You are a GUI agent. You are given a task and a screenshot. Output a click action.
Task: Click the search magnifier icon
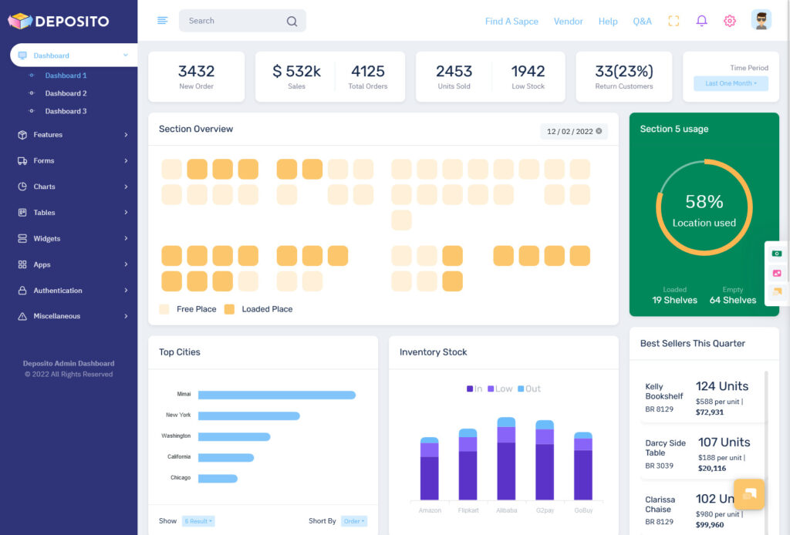tap(292, 22)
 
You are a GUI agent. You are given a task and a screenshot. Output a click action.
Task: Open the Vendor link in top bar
tap(568, 22)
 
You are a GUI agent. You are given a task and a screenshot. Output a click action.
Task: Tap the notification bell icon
tap(701, 21)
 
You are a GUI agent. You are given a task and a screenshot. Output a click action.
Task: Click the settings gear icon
tap(729, 21)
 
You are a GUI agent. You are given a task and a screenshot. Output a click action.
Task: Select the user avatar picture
tap(761, 21)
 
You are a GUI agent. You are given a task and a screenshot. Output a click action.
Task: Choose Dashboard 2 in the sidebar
tap(66, 93)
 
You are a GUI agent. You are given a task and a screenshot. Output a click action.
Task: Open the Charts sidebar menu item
tap(45, 187)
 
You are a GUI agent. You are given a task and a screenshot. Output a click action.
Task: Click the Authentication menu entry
tap(58, 291)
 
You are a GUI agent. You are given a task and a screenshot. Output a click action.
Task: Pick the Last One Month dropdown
tap(730, 83)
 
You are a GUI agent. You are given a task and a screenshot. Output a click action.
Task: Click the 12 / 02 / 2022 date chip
tap(573, 131)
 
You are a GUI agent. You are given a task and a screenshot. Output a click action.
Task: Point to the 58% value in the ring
tap(704, 202)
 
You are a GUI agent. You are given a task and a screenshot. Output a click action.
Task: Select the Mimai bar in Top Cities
tap(276, 395)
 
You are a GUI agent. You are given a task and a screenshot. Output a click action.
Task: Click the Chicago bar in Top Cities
tap(218, 479)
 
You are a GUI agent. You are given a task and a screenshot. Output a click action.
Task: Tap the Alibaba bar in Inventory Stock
tap(506, 459)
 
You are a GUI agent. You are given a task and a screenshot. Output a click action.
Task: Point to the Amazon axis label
tap(430, 510)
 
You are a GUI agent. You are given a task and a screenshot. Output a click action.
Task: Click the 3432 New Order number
tap(196, 72)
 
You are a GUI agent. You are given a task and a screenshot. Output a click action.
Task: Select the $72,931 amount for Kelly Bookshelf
tap(710, 412)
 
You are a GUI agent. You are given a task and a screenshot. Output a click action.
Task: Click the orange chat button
tap(749, 494)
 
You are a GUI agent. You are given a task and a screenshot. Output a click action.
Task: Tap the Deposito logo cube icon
tap(19, 22)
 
